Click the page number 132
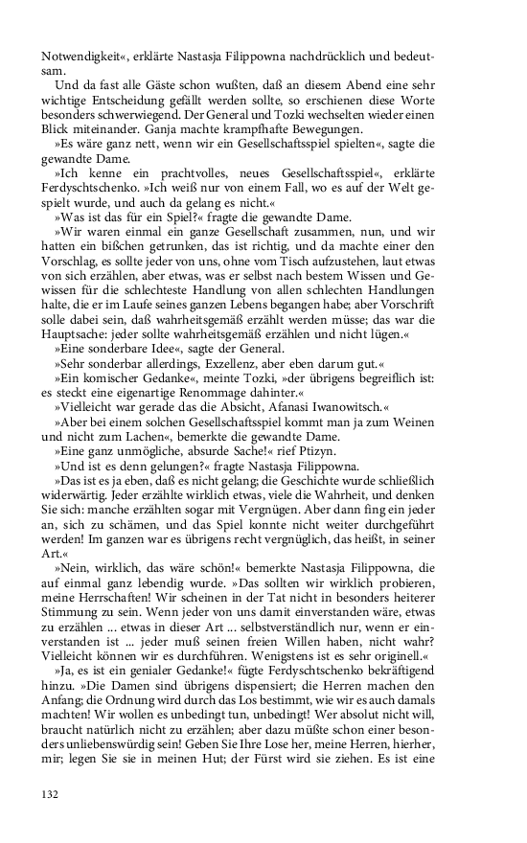[x=51, y=792]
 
